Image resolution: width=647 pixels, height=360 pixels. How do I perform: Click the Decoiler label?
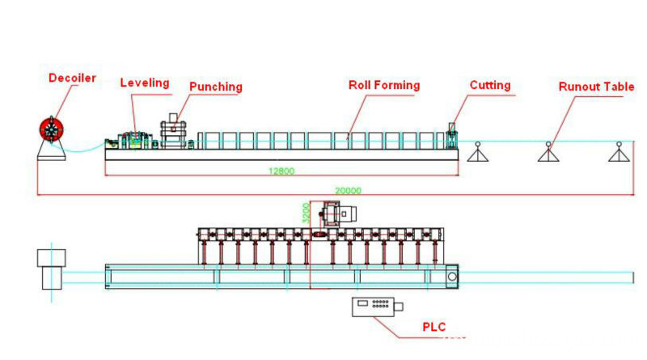pyautogui.click(x=72, y=78)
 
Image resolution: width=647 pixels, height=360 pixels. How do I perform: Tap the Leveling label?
pyautogui.click(x=145, y=83)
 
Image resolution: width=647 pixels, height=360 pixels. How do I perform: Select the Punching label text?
pyautogui.click(x=216, y=87)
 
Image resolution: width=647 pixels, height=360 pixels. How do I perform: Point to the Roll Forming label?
pyautogui.click(x=384, y=85)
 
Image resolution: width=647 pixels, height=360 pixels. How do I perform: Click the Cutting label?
pyautogui.click(x=490, y=85)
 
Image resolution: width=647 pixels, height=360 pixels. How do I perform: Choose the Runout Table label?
pyautogui.click(x=596, y=87)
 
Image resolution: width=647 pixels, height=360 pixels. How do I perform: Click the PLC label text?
pyautogui.click(x=434, y=328)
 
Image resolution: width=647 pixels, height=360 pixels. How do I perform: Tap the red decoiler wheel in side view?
pyautogui.click(x=52, y=129)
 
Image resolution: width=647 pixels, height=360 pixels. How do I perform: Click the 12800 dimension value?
pyautogui.click(x=281, y=171)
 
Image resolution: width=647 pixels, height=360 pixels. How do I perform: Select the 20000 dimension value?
pyautogui.click(x=348, y=191)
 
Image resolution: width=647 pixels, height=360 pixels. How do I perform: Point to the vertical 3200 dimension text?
pyautogui.click(x=306, y=213)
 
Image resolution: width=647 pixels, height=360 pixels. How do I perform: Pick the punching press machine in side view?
pyautogui.click(x=173, y=131)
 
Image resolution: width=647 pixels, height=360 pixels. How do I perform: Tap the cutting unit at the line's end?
pyautogui.click(x=452, y=136)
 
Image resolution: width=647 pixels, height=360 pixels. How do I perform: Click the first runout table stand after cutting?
pyautogui.click(x=478, y=152)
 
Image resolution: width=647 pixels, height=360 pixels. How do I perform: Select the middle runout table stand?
pyautogui.click(x=548, y=152)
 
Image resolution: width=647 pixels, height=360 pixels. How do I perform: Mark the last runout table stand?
pyautogui.click(x=619, y=152)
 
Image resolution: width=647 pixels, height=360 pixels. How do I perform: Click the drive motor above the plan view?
pyautogui.click(x=338, y=214)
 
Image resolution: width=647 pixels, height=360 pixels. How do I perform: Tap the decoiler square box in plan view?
pyautogui.click(x=52, y=257)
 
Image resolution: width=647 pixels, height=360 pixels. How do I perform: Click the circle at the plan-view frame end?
pyautogui.click(x=452, y=277)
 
